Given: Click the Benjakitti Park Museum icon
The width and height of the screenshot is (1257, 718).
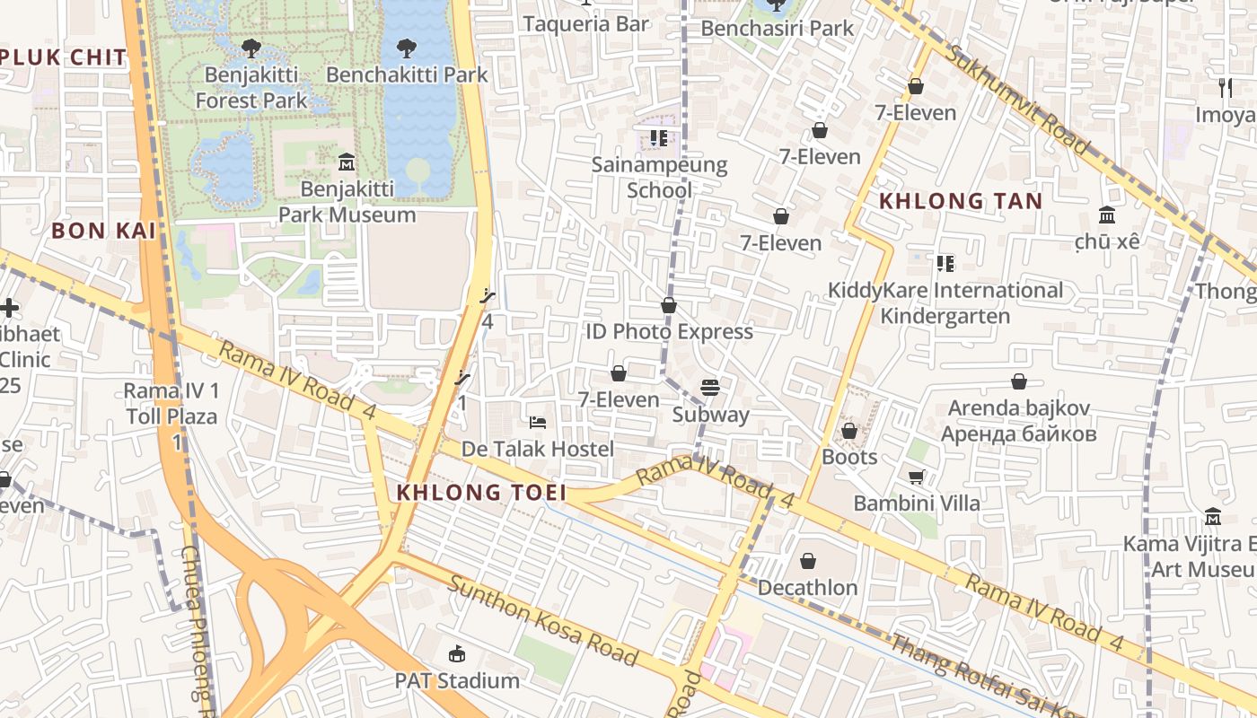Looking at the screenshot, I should coord(347,162).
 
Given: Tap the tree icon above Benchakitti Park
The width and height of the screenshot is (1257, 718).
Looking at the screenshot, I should coord(407,47).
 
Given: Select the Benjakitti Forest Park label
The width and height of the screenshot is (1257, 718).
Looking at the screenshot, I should coord(251,87).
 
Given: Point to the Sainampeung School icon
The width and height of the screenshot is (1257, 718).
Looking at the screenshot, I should coord(659,138).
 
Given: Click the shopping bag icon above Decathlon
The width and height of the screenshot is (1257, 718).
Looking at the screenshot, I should coord(808,562).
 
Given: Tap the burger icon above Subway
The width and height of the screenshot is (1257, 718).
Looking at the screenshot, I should coord(710,388).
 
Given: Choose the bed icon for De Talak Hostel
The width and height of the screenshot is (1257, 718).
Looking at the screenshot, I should coord(537,422).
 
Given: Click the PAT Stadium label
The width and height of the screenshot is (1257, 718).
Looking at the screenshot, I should coord(457,681).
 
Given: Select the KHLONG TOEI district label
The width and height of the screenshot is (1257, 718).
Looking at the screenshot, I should coord(481,493).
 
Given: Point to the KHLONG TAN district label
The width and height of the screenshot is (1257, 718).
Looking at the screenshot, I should coord(961,201).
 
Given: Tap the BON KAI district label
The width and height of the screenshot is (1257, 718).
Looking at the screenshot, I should coord(103,231).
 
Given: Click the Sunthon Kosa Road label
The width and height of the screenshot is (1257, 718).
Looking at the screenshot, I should coord(542,621).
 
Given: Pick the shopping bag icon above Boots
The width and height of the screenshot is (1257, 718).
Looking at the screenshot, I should coord(849,432).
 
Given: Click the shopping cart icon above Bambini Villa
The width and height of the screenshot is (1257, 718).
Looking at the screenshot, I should coord(917,477).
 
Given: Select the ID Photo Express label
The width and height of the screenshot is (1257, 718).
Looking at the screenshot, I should coord(669,331).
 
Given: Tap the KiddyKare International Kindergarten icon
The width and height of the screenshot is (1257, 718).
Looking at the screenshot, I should coord(945,264).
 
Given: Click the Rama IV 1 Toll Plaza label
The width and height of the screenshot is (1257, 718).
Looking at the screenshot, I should coord(171,404).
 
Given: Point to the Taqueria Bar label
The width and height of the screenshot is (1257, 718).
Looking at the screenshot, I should coord(585,24).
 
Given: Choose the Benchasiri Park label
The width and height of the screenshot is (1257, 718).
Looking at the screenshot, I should coord(778,28).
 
